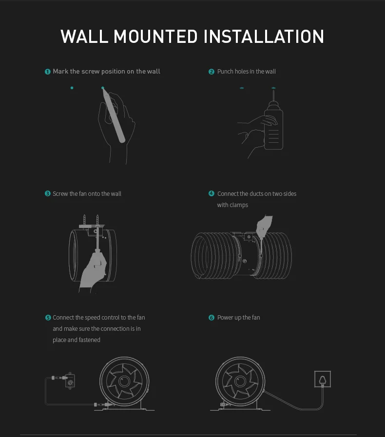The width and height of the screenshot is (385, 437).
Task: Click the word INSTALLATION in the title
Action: tap(264, 37)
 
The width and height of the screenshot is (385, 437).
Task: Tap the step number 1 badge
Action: tap(48, 72)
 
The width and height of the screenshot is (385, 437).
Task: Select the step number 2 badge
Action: tap(212, 72)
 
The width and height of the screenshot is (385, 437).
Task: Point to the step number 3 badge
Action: tap(48, 194)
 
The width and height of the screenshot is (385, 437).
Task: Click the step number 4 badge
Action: tap(212, 193)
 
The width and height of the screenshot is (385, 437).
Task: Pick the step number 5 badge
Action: tap(48, 318)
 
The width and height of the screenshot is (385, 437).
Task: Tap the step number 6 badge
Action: tap(212, 318)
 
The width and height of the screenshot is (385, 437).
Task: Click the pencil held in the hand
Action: tap(114, 115)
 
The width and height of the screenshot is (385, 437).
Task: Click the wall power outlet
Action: tap(323, 379)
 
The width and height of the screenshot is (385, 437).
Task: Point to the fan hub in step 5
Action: tap(124, 381)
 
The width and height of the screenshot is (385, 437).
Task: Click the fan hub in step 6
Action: tap(240, 381)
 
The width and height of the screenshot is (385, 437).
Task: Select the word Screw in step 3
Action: tap(60, 194)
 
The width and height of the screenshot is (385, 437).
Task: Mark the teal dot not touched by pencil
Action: tap(72, 88)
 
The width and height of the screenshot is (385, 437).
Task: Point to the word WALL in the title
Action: tap(84, 37)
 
